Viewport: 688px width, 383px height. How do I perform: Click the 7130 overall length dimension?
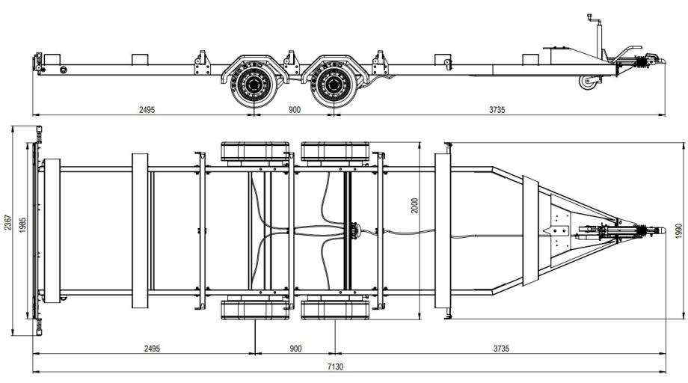(335, 367)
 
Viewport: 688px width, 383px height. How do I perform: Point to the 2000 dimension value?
(414, 205)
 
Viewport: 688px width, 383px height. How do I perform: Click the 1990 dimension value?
(679, 231)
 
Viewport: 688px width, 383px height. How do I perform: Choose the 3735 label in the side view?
(497, 110)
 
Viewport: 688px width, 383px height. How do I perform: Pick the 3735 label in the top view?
(501, 349)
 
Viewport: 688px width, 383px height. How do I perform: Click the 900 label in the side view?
(295, 110)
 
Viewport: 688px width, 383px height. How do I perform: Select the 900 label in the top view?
(295, 349)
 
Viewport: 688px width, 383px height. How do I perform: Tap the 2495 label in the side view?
(147, 110)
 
